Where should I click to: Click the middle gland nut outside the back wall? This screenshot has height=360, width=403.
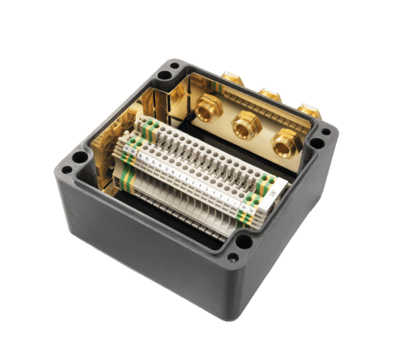(270, 93)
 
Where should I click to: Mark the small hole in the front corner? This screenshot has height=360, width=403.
(233, 257)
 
